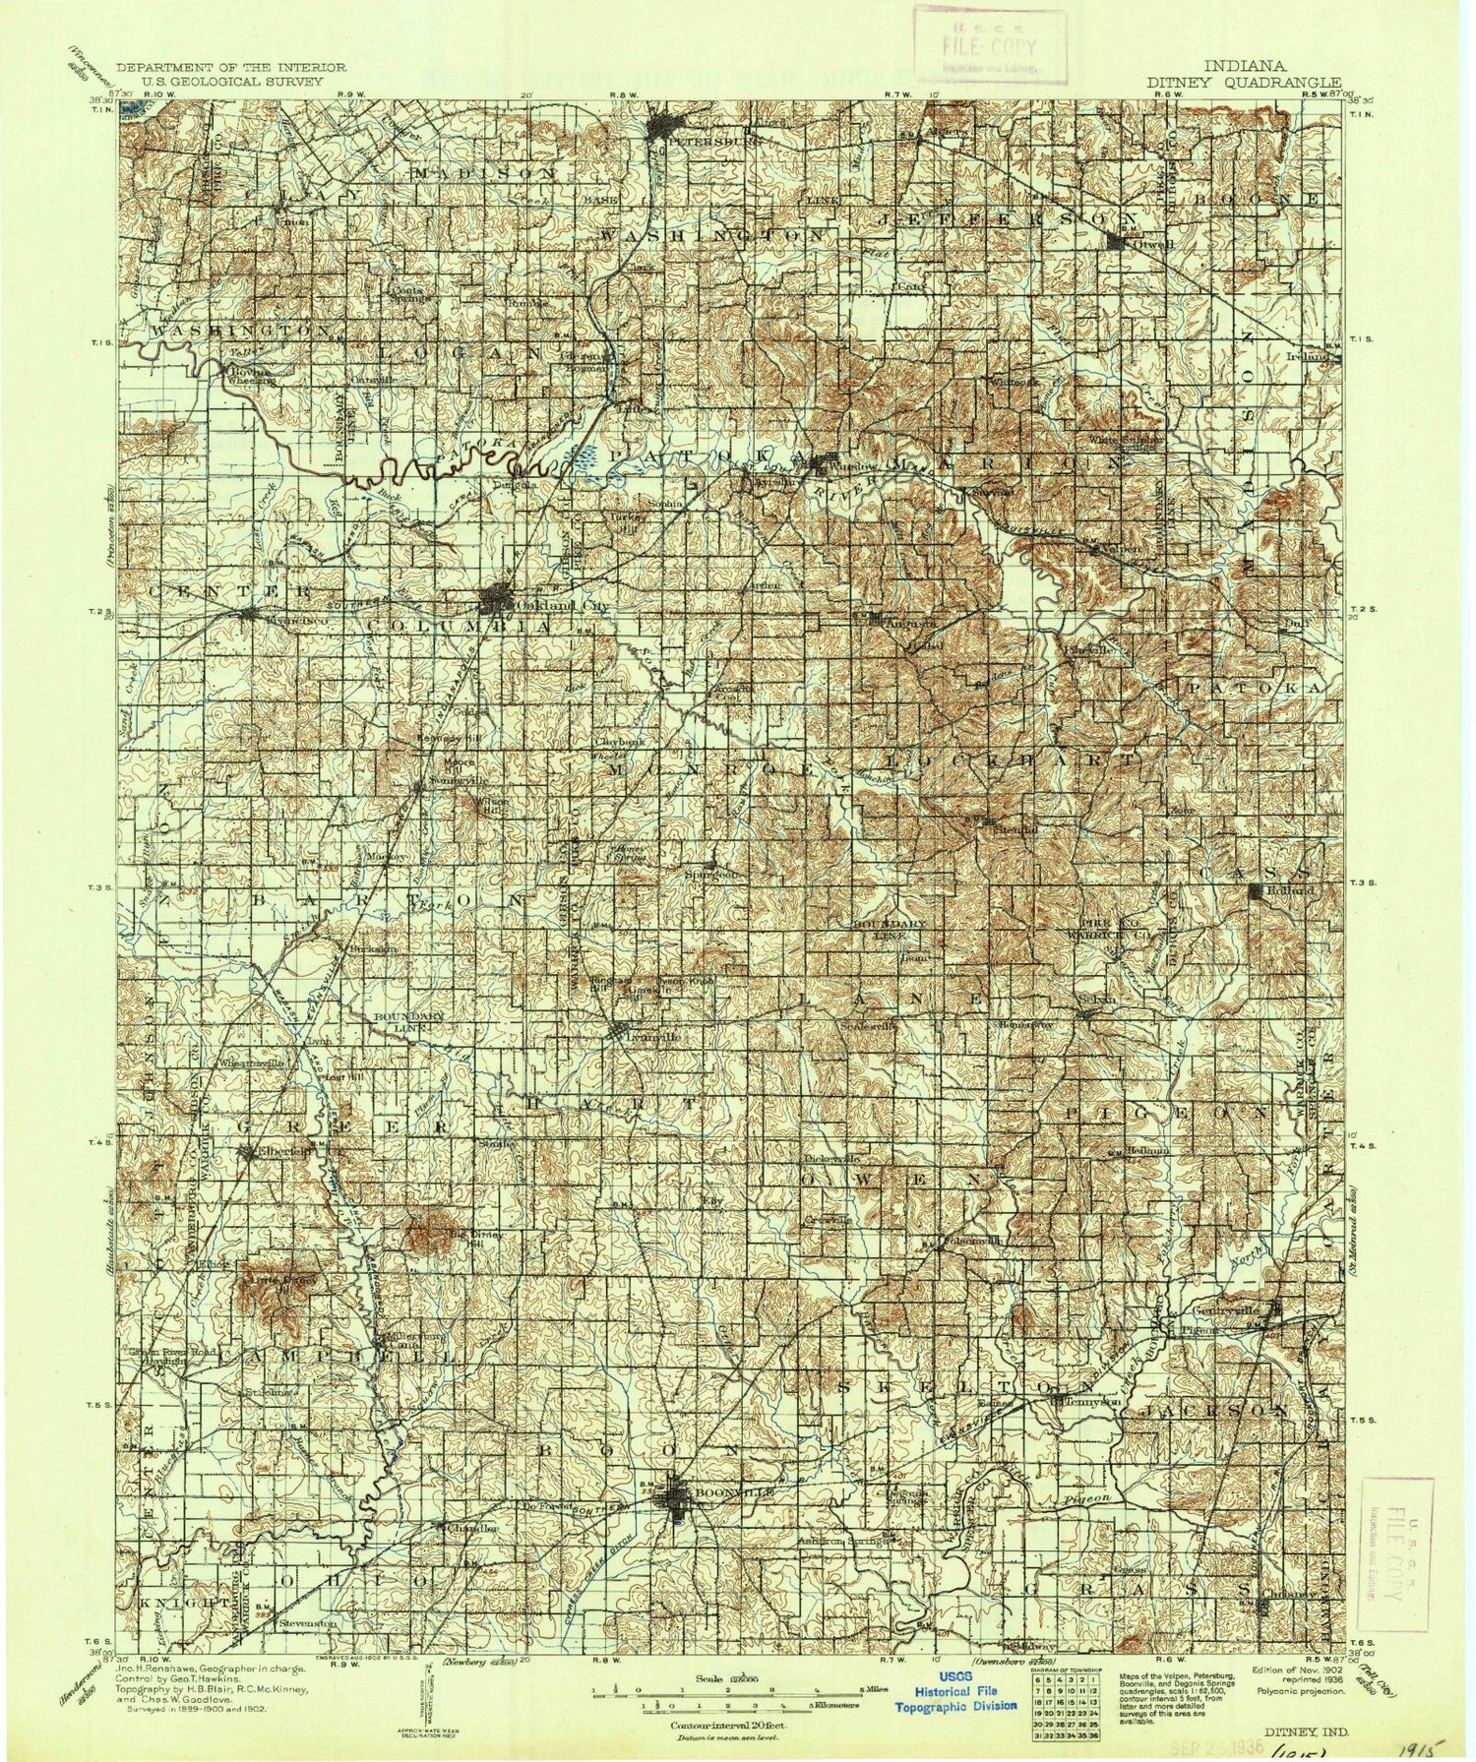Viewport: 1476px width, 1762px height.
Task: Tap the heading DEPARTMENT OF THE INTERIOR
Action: [230, 67]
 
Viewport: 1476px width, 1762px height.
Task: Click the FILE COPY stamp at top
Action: [989, 44]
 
